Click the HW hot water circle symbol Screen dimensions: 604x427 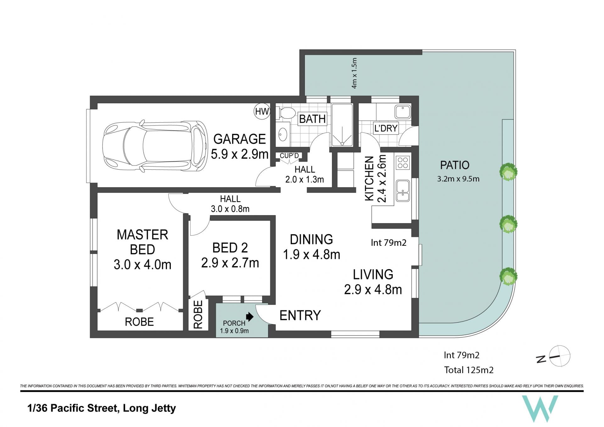[262, 111]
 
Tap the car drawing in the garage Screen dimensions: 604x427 [155, 146]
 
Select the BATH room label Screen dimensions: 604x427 [312, 119]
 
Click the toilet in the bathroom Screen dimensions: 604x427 [286, 113]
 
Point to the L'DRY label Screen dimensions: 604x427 [386, 128]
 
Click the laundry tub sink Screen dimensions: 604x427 [403, 112]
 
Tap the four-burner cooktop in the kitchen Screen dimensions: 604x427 [403, 163]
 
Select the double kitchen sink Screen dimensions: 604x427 [403, 190]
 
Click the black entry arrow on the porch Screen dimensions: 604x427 [250, 317]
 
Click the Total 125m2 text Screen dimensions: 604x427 [469, 370]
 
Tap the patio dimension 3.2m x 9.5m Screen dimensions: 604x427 [458, 179]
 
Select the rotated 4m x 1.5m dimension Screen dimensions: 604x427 [354, 73]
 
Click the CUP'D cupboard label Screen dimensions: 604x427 [289, 156]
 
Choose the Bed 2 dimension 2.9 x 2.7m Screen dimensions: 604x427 [230, 263]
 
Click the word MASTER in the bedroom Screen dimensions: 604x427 [143, 235]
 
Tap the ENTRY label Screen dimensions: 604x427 [300, 315]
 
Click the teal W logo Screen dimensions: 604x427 [540, 408]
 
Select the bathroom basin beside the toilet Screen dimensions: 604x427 [283, 134]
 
